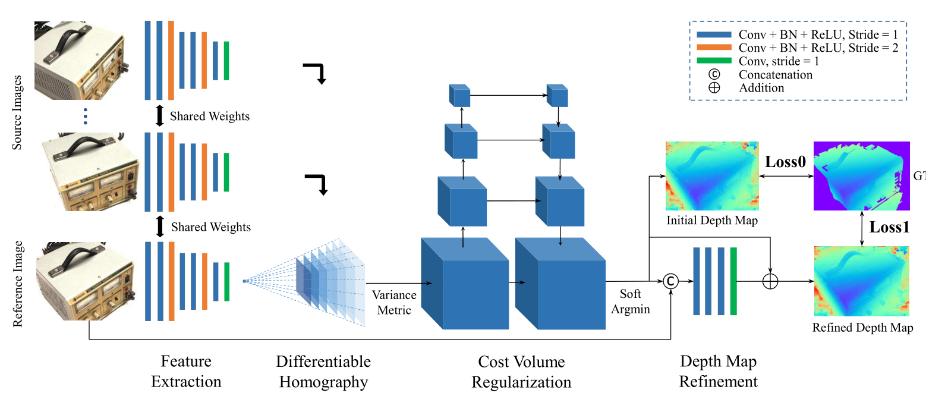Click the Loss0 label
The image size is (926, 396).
785,162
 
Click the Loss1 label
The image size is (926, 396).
890,227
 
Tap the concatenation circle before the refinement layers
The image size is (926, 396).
670,281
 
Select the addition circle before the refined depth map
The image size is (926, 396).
770,281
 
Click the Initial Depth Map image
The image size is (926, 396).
712,177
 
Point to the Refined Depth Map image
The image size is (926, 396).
862,281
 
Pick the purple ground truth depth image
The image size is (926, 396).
862,177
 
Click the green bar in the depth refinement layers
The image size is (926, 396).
733,281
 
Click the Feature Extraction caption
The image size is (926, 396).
186,371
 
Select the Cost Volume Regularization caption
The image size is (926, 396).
521,371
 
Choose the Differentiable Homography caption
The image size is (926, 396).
323,371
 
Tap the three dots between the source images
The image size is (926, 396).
86,116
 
